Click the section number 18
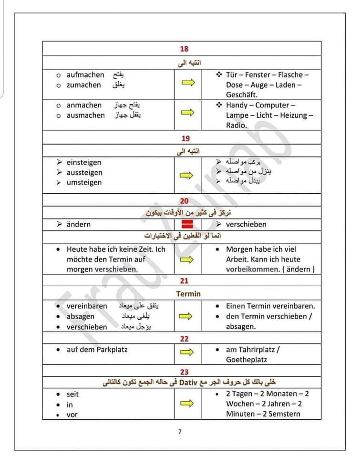185,49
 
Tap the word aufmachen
85,75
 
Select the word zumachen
84,85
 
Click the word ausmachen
85,115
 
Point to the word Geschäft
242,95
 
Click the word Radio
237,125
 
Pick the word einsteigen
84,162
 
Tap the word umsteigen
84,182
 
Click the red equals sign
187,224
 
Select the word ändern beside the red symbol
79,224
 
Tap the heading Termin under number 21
188,294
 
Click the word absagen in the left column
81,316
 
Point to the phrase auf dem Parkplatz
97,350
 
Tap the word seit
72,394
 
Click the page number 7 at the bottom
180,432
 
